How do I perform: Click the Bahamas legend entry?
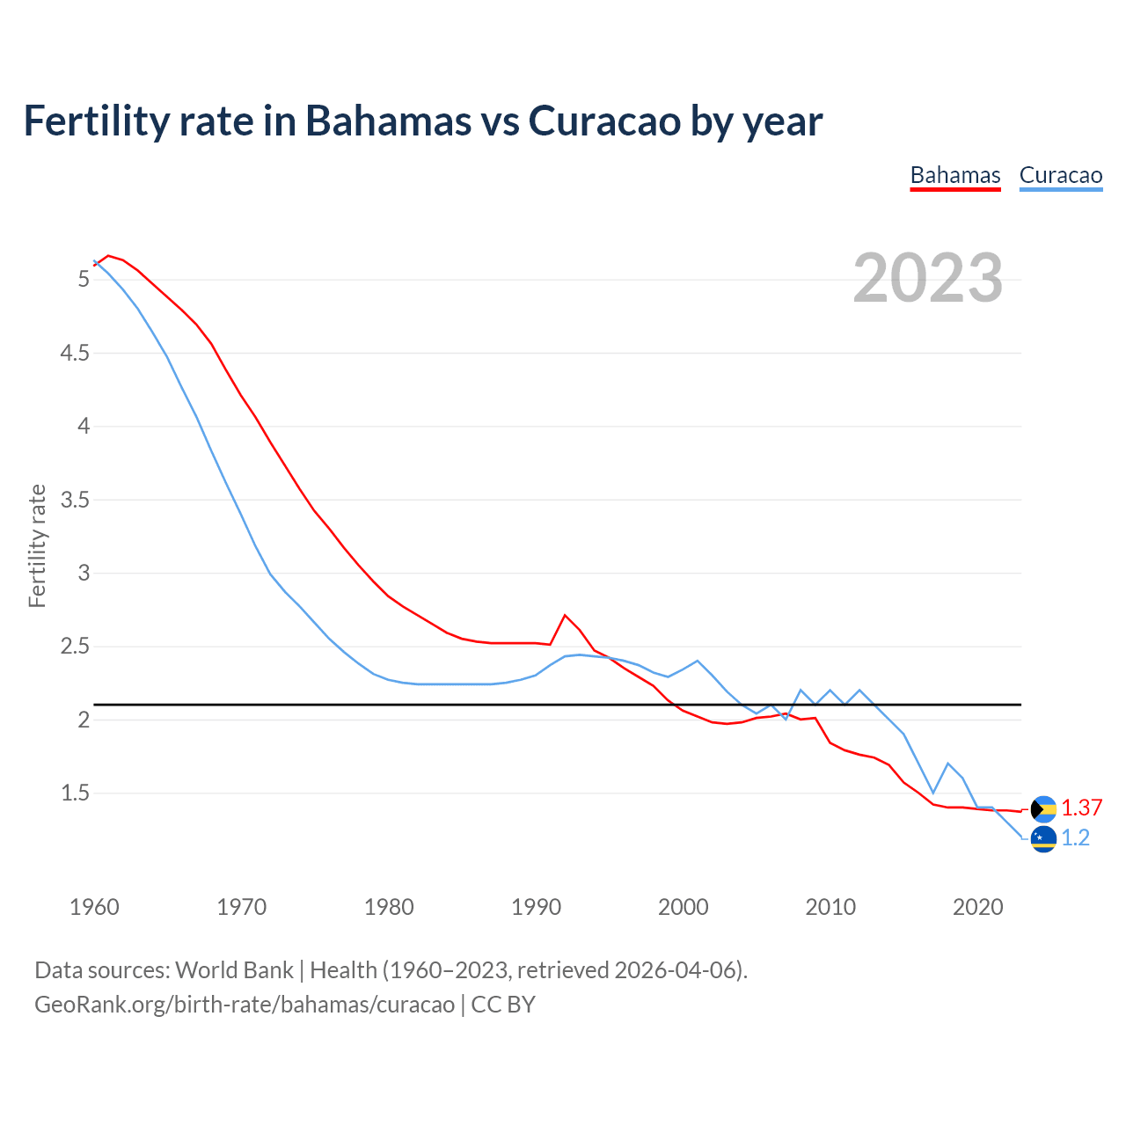coord(955,175)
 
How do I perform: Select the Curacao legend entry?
coord(1060,175)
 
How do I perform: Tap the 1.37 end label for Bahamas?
coord(1081,808)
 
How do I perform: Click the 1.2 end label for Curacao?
coord(1075,838)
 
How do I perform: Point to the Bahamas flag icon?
coord(1043,808)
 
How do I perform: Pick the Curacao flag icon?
coord(1043,838)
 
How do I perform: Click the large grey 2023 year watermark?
coord(927,278)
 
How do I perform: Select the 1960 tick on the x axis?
coord(94,907)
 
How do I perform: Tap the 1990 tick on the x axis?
coord(536,907)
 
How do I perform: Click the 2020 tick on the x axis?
coord(977,907)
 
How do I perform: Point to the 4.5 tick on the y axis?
coord(75,354)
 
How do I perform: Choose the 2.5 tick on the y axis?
coord(75,647)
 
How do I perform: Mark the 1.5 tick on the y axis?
coord(75,793)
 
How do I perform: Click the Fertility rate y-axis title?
coord(37,545)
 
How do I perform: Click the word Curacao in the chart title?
coord(604,121)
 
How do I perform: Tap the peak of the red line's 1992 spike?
coord(565,615)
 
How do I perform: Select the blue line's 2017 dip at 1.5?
coord(933,793)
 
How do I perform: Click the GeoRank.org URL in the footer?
coord(245,1005)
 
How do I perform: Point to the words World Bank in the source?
coord(234,970)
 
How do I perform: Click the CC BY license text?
coord(503,1005)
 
